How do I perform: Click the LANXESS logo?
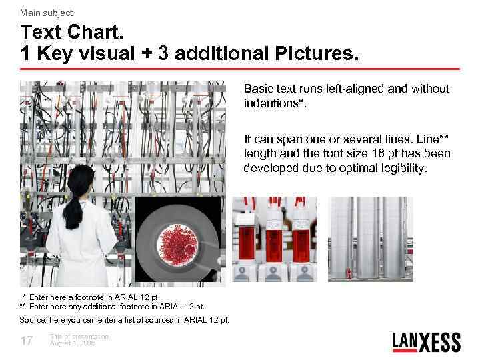(426, 341)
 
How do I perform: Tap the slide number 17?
(27, 341)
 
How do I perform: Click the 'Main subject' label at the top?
(46, 13)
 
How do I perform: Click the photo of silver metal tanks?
(371, 239)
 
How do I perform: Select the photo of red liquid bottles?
(274, 239)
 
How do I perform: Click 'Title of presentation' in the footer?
(79, 337)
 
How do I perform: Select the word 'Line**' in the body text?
(434, 139)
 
